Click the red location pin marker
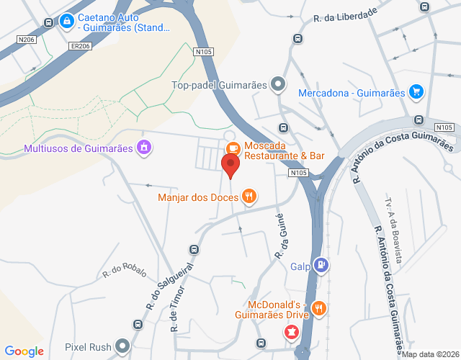coord(231,166)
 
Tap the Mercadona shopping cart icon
coord(416,91)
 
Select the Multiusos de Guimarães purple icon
coord(144,148)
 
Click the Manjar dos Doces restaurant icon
coord(249,196)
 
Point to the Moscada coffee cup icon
coord(232,148)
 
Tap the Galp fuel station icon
coord(321,266)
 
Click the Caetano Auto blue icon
coord(67,22)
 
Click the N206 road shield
coord(27,40)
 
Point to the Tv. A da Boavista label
coord(393,228)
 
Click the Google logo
coord(24,351)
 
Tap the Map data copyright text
coord(430,354)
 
